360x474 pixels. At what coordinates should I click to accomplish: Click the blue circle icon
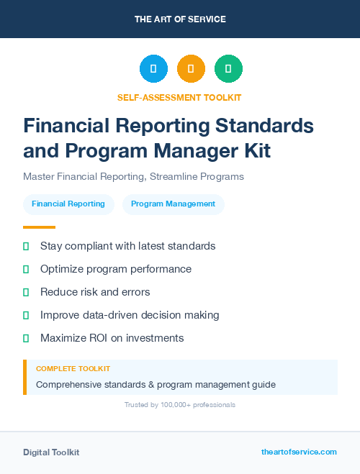[x=153, y=69]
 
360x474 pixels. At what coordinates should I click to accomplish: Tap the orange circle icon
[x=191, y=69]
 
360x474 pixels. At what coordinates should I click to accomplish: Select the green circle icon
[x=228, y=69]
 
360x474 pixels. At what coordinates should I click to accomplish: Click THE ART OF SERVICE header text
[x=180, y=19]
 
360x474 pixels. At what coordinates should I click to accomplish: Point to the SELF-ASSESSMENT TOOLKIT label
[x=179, y=97]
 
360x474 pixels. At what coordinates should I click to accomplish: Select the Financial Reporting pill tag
[x=68, y=204]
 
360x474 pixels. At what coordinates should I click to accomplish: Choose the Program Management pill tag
[x=174, y=204]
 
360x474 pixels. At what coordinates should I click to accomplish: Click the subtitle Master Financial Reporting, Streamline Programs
[x=133, y=176]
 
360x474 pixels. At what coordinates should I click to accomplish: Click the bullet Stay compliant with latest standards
[x=127, y=246]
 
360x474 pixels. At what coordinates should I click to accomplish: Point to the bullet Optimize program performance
[x=115, y=269]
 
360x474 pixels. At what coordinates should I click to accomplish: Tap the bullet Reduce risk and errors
[x=94, y=292]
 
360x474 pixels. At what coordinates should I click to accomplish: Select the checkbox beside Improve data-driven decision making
[x=26, y=315]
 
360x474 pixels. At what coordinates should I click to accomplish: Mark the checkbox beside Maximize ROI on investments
[x=26, y=338]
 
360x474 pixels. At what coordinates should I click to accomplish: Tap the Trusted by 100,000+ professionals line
[x=180, y=405]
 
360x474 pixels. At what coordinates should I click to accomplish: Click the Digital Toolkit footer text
[x=51, y=452]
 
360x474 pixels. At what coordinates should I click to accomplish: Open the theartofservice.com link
[x=299, y=452]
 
